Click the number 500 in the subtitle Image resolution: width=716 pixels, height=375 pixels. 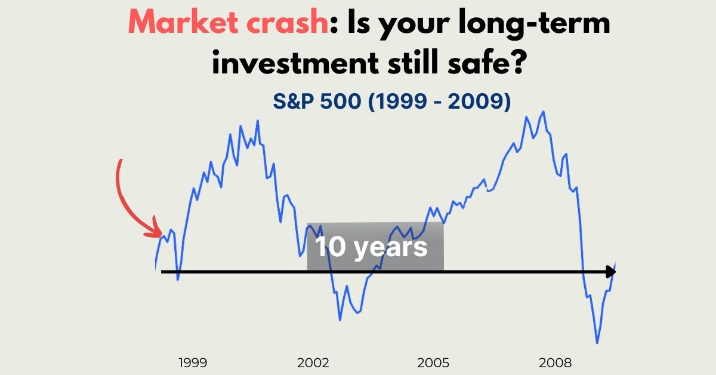tap(341, 101)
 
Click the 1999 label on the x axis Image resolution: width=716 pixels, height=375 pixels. tap(193, 363)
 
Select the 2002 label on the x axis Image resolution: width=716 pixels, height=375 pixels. tap(313, 363)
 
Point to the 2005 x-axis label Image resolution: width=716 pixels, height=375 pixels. tap(433, 363)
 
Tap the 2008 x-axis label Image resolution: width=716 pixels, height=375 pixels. tap(555, 363)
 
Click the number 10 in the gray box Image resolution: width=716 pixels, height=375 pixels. tap(330, 247)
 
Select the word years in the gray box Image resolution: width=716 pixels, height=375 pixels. tap(391, 248)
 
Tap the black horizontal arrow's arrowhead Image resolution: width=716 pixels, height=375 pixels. tap(611, 272)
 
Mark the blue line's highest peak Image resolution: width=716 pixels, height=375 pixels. tap(544, 112)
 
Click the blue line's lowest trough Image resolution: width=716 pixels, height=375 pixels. tap(597, 343)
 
